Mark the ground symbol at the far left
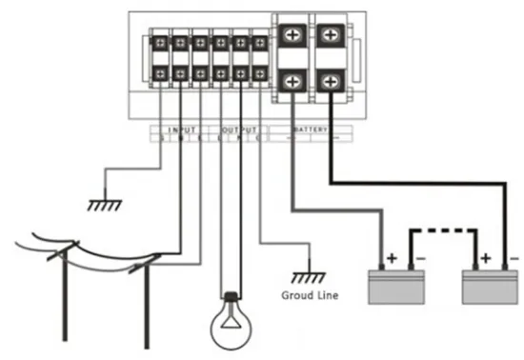(x=98, y=204)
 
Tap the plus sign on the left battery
(x=390, y=257)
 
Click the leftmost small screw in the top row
(x=158, y=43)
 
